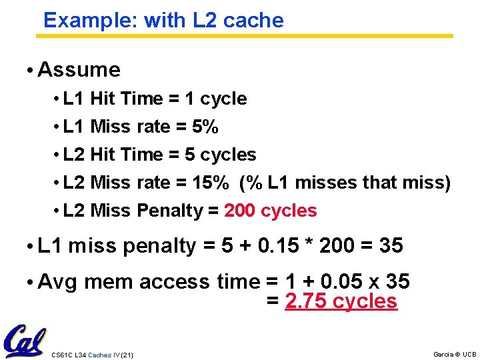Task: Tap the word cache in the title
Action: coord(253,21)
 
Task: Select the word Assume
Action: coord(79,70)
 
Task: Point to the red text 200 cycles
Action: coord(271,211)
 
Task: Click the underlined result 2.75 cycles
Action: coord(341,301)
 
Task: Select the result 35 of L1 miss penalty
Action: coord(391,246)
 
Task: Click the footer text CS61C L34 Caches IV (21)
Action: coord(92,355)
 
